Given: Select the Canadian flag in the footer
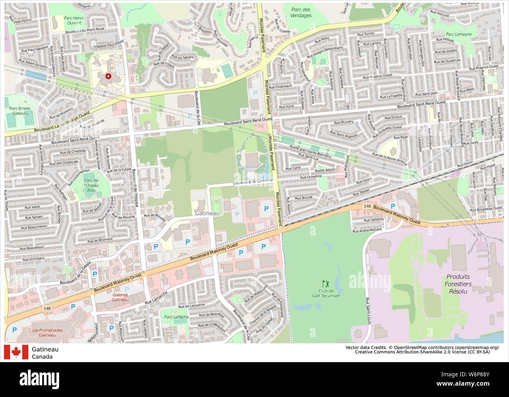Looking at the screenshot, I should point(16,352).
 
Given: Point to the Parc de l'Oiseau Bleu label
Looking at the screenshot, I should point(91,185).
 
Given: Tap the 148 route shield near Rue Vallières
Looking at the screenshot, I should point(367,206).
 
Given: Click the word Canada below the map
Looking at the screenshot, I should point(42,357).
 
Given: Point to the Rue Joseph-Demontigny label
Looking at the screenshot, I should point(325,52).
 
